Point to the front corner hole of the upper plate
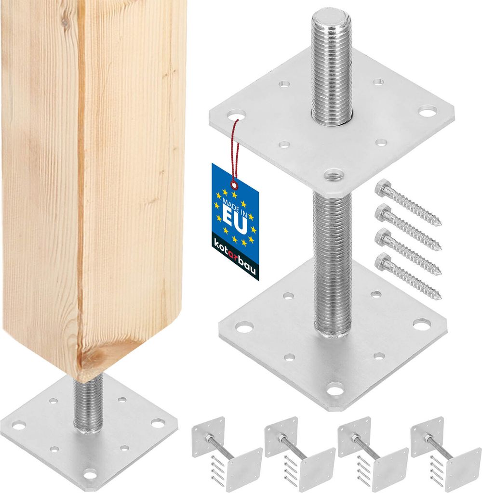tap(334, 174)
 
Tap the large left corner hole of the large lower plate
tap(245, 328)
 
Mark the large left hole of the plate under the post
tap(19, 425)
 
